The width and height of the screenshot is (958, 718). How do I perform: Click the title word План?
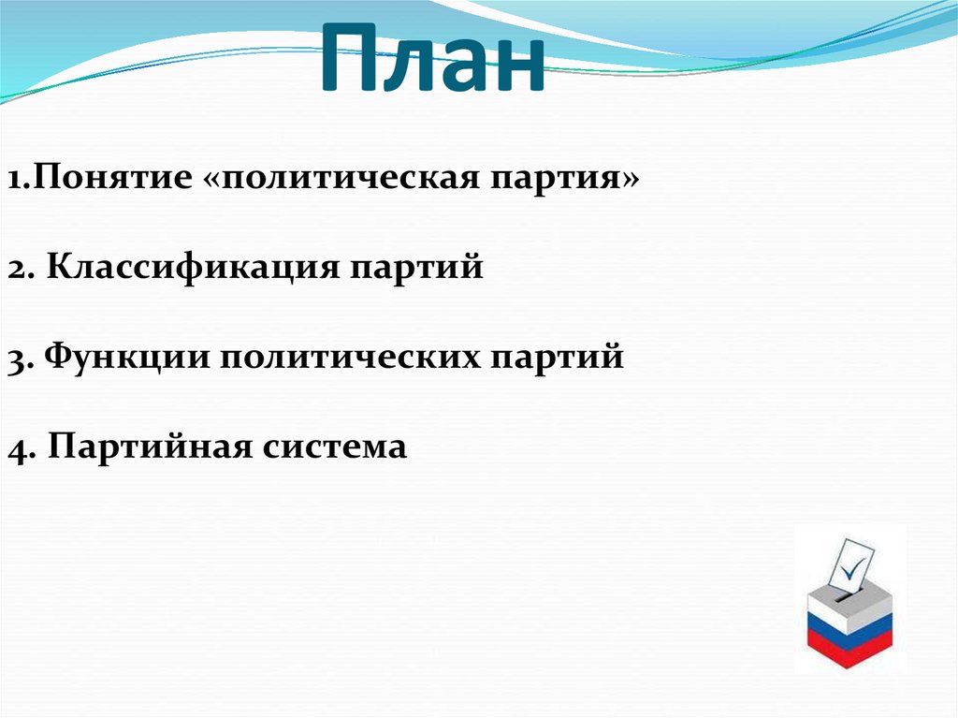[432, 58]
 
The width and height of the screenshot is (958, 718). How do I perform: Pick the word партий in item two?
[416, 267]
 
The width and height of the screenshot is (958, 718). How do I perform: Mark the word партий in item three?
[558, 357]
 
